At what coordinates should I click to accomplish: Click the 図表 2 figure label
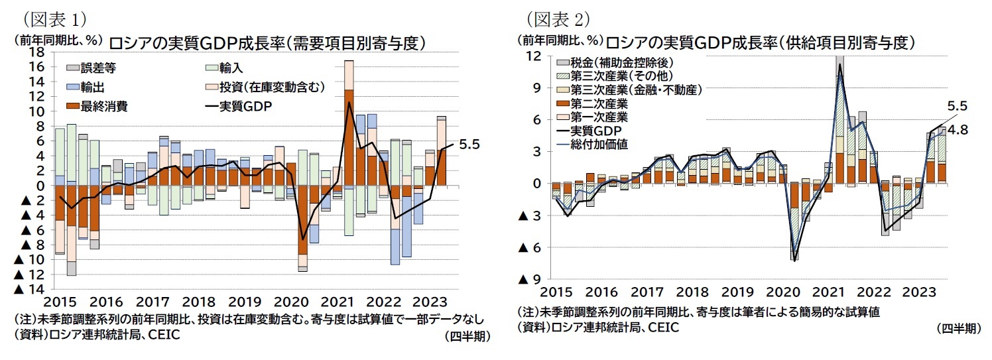558,17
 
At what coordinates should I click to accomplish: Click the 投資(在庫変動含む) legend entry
273,87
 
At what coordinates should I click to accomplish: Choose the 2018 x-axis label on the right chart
696,292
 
